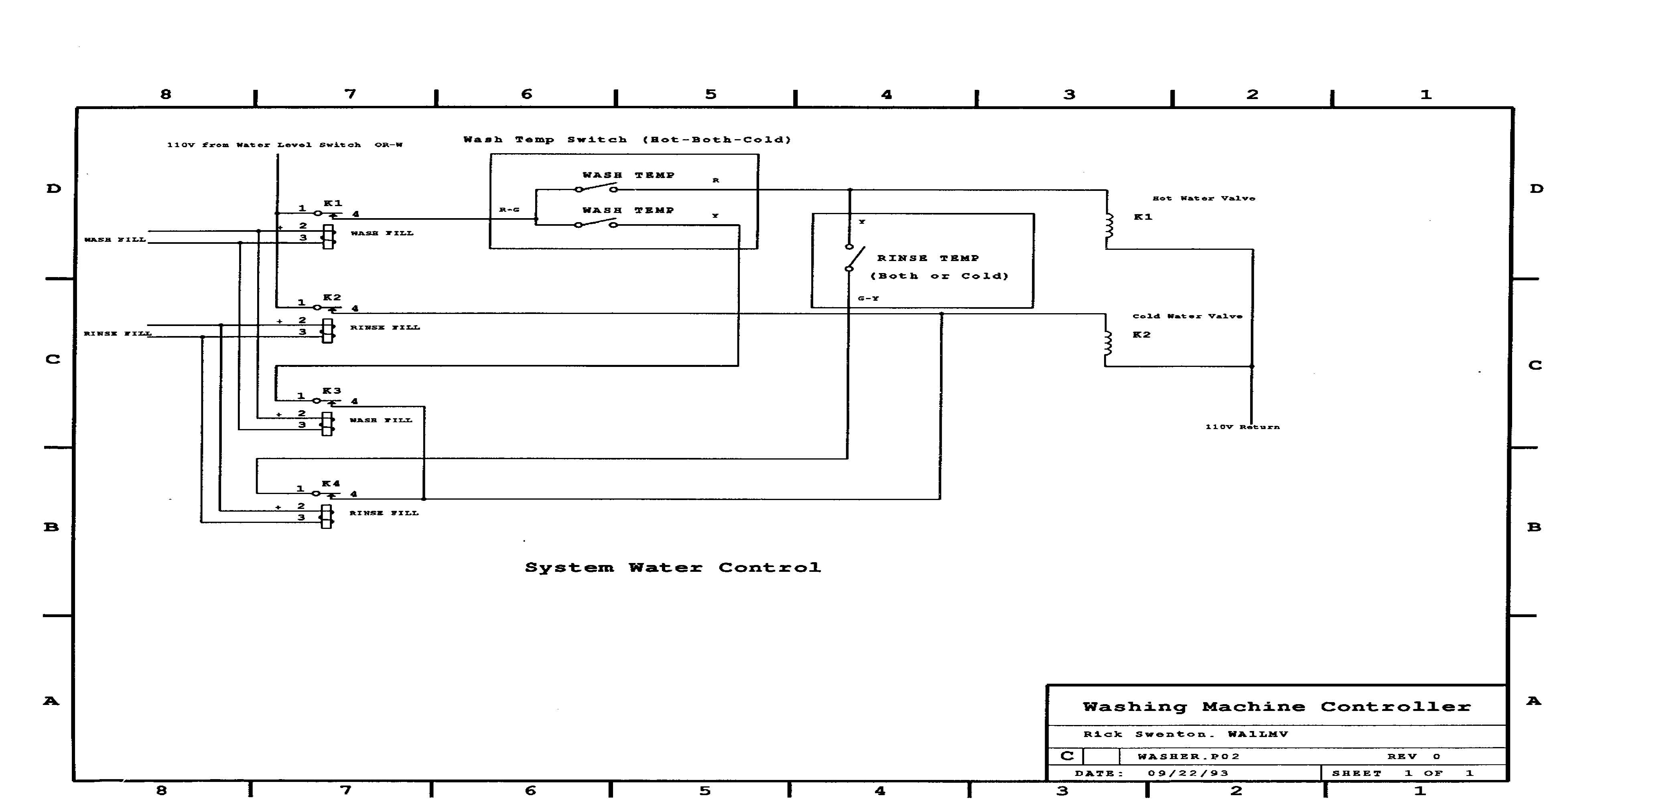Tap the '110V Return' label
pos(1242,427)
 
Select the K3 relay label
pos(331,390)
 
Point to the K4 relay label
pos(331,483)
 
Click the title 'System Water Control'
pos(672,567)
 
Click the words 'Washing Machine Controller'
pos(1276,707)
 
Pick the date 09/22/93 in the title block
pos(1188,773)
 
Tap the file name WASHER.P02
pos(1189,756)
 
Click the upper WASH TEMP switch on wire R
pos(596,188)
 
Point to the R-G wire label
pos(509,209)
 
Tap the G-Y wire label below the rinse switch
pos(868,298)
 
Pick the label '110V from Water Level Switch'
pos(264,144)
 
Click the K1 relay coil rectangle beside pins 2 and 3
pos(329,237)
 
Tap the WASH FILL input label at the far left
pos(115,239)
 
